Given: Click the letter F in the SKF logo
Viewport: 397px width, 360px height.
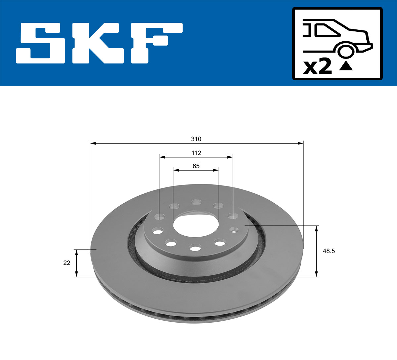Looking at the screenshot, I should tap(155, 43).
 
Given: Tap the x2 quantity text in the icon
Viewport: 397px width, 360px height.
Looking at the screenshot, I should tap(317, 67).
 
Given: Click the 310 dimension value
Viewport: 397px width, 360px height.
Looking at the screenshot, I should tap(196, 139).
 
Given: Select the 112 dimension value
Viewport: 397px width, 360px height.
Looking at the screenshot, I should tap(196, 153).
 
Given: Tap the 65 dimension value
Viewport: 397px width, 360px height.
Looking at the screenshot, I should tap(196, 166).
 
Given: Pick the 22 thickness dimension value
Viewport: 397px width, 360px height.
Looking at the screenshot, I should tap(67, 263).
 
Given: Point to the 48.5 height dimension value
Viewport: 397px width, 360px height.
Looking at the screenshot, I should tap(329, 251).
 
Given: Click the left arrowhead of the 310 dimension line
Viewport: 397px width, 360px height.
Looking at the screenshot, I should tap(93, 143).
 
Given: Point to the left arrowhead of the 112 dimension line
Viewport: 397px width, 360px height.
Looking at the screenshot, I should tap(162, 157).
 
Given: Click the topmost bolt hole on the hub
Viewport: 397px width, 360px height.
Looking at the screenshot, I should tap(196, 201).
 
